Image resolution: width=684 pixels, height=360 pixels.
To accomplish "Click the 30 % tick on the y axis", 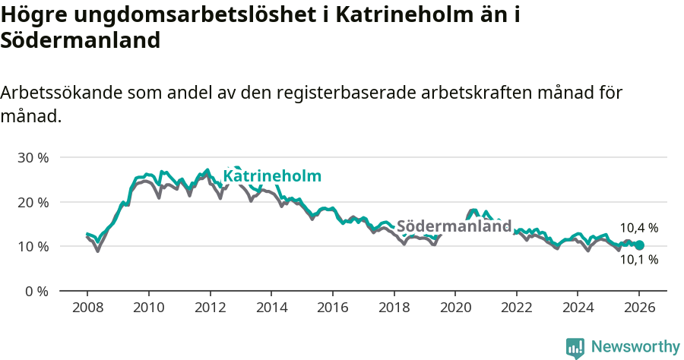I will pos(33,158).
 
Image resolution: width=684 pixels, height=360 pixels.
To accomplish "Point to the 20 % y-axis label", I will pos(33,202).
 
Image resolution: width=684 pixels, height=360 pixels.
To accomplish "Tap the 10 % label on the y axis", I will pos(33,247).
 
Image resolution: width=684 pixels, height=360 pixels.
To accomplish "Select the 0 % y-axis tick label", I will pos(36,291).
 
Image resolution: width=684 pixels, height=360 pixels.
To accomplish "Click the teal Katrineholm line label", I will pos(271,176).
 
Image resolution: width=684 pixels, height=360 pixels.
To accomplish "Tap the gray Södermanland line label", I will pos(454,226).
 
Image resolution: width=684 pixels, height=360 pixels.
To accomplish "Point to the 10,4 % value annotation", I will pos(638,228).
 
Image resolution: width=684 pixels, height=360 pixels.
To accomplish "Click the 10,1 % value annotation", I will pos(638,260).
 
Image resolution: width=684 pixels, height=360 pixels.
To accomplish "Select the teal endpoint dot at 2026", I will pos(639,245).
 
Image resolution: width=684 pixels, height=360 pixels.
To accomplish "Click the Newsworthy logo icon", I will pos(575,348).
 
